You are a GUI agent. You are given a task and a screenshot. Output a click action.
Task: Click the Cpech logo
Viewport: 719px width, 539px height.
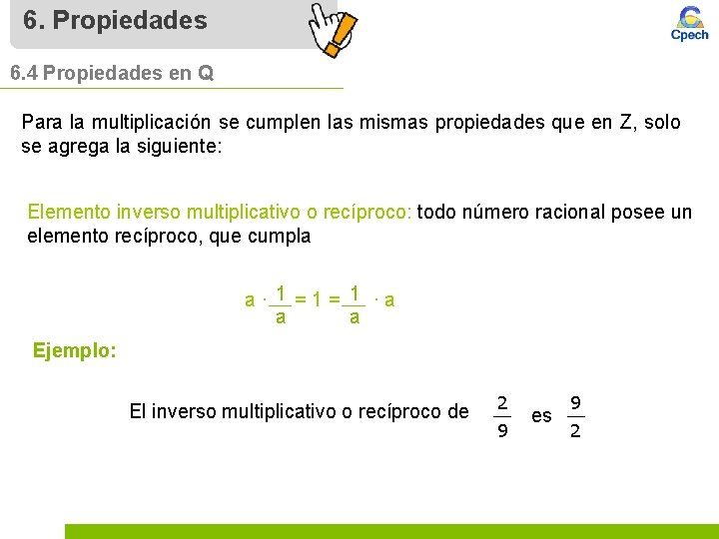(x=688, y=24)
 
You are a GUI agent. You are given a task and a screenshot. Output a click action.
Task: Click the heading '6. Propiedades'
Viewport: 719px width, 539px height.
(x=115, y=20)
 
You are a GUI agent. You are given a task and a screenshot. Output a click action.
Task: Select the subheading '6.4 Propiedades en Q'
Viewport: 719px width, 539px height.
(x=112, y=74)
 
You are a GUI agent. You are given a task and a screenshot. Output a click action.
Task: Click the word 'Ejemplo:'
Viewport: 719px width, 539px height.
(x=75, y=350)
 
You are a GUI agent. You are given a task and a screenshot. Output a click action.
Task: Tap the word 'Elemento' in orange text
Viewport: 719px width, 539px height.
(x=69, y=212)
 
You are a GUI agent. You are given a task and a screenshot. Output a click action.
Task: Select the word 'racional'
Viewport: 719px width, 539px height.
(x=568, y=212)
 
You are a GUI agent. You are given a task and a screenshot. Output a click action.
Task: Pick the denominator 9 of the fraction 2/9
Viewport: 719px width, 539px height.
(x=503, y=431)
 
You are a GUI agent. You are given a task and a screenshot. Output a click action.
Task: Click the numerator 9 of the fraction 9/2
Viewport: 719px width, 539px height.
(x=575, y=402)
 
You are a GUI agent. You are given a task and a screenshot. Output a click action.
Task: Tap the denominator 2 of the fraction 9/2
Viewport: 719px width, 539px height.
(x=575, y=431)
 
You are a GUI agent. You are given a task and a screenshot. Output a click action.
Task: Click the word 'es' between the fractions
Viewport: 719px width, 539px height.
(x=541, y=415)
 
